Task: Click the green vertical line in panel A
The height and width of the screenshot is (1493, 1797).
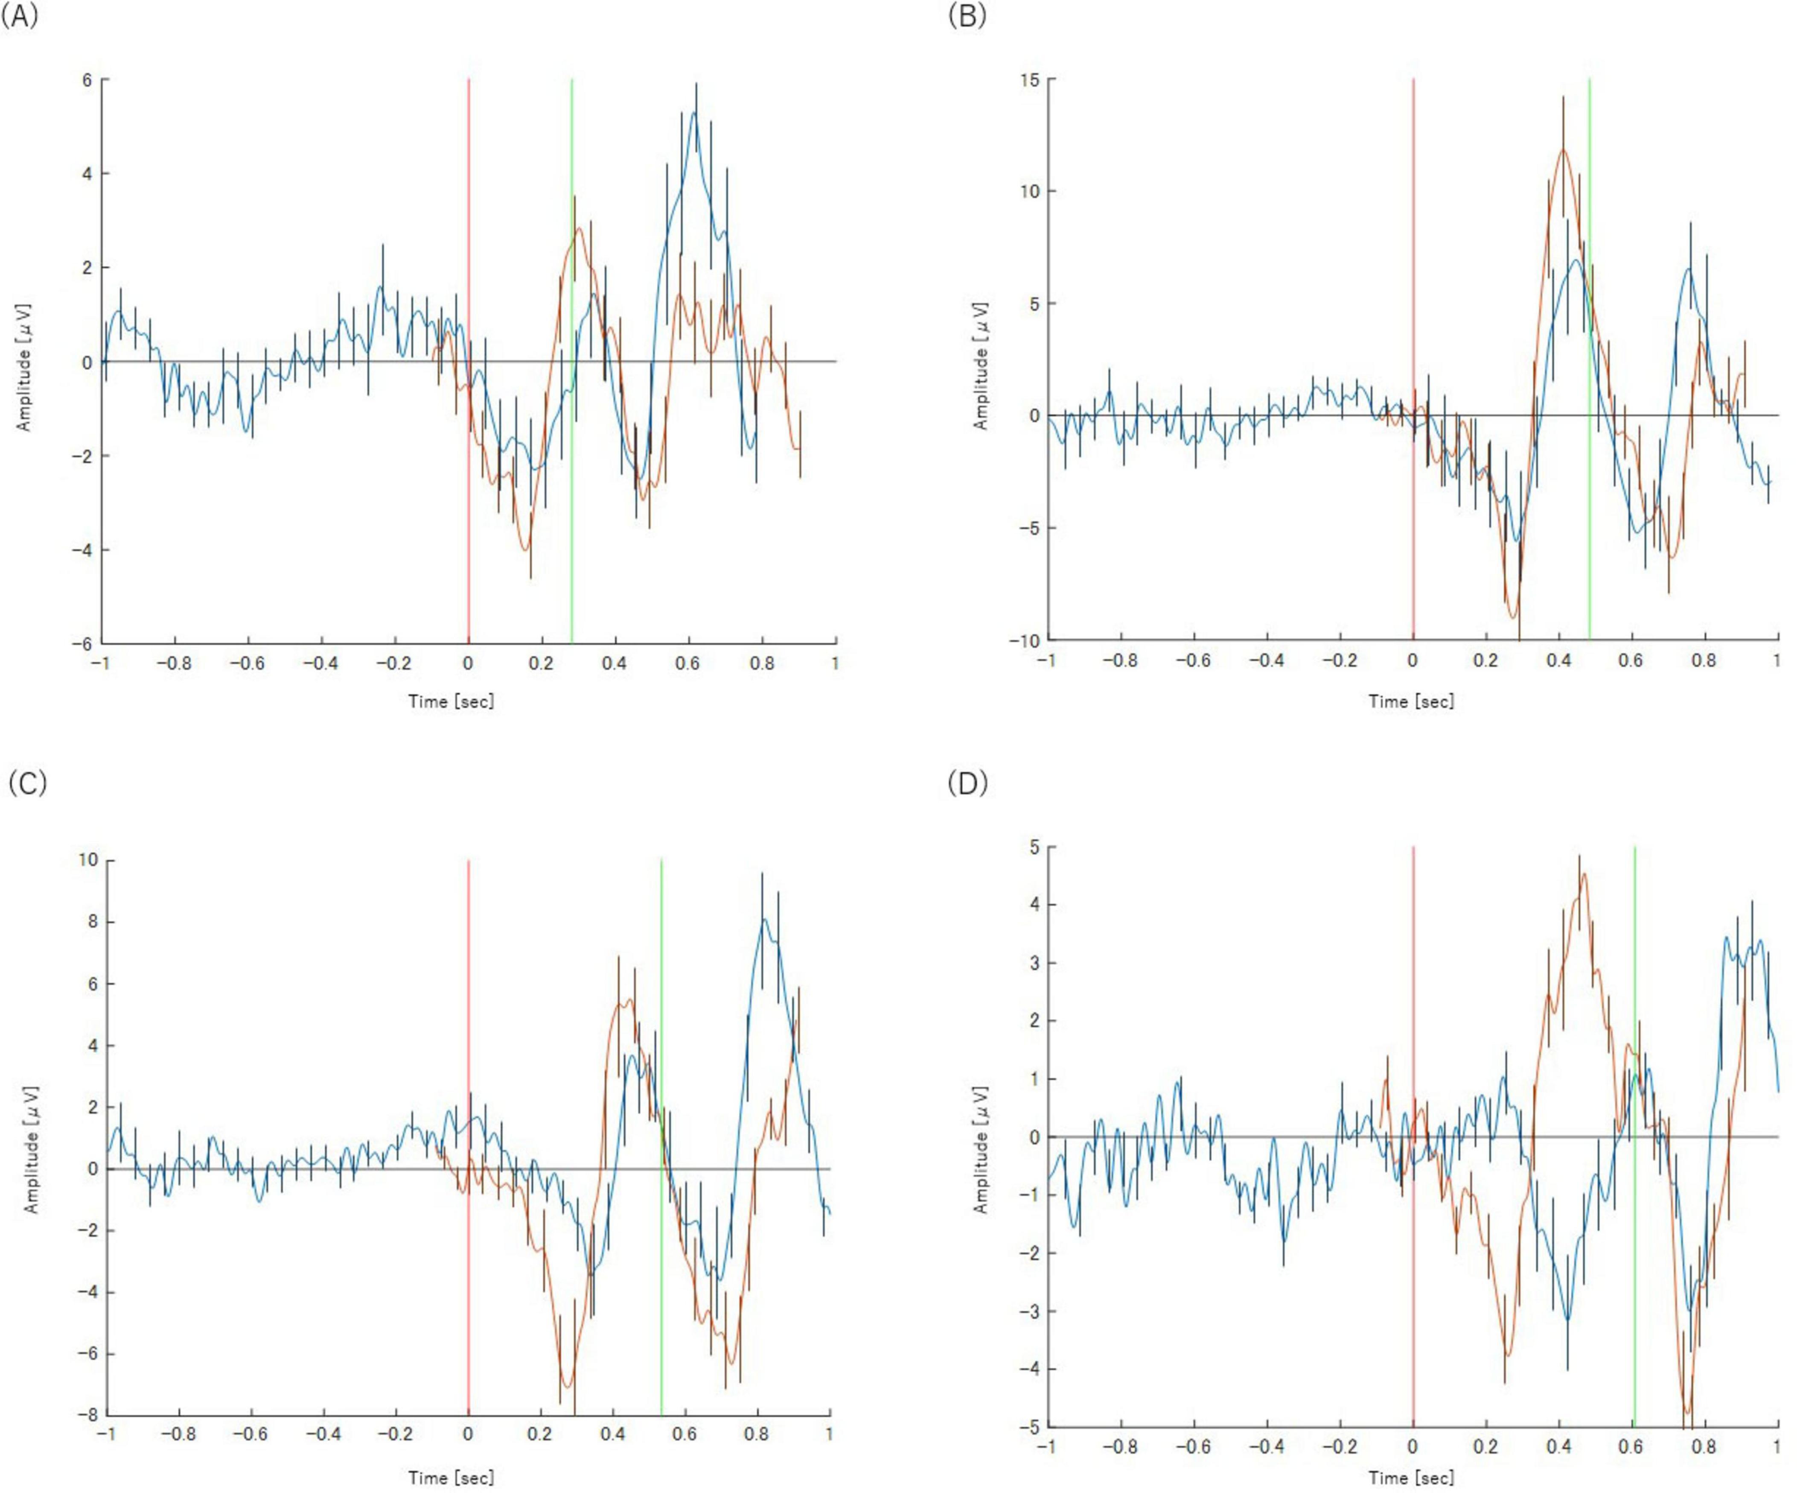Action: (x=571, y=428)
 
